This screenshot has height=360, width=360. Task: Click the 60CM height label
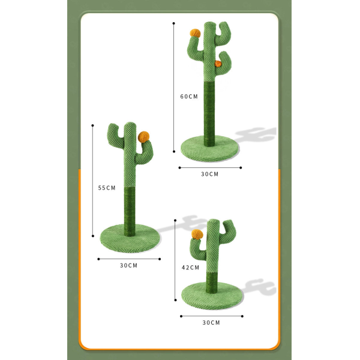coord(189,97)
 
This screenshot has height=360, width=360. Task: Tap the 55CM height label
coord(107,188)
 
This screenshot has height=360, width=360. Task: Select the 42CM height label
coord(190,268)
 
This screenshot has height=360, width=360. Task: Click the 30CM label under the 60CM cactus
coord(209,174)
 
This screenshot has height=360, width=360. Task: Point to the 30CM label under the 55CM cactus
coord(128,265)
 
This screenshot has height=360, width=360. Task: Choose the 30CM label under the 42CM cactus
coord(211,323)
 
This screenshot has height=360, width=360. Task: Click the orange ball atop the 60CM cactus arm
coord(195,33)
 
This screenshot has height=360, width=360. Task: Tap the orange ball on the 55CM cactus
coord(144,137)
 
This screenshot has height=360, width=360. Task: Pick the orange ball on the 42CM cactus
coord(197,234)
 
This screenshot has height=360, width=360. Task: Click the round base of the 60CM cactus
coord(210,149)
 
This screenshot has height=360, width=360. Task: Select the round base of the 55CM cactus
coord(130,238)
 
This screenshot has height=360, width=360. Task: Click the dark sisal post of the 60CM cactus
coord(209,113)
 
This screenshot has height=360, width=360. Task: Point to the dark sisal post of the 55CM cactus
coord(130,211)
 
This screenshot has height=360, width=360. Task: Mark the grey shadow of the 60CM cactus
coord(256,134)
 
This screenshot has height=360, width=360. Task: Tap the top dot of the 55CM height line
coord(92,125)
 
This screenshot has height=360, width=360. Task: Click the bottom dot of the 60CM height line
coord(174,152)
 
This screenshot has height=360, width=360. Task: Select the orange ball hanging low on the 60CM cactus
coord(218,64)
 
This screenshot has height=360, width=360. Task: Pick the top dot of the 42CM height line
coord(175,220)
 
